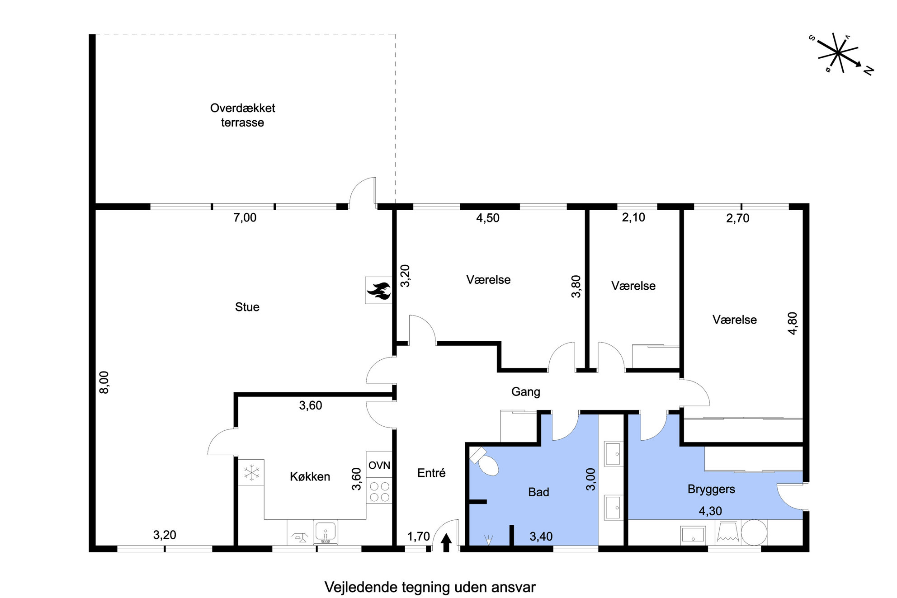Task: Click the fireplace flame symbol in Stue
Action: tap(379, 291)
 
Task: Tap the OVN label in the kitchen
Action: tap(379, 465)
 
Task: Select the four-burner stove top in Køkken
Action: tap(379, 492)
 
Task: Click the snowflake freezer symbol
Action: tap(251, 473)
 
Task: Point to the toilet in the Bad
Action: tap(484, 461)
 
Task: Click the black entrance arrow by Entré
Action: tap(446, 542)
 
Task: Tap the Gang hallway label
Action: tap(525, 392)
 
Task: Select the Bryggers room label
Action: tap(711, 490)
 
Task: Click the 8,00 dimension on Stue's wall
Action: tap(104, 382)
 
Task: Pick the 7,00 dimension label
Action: tap(245, 218)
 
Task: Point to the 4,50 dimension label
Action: tap(488, 218)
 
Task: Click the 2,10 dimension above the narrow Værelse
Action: tap(633, 217)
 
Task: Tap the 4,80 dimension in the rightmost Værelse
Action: tap(793, 323)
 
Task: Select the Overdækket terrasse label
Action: tap(242, 115)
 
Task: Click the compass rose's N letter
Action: tap(868, 71)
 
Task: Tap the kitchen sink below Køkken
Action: tap(325, 532)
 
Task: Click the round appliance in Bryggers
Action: tap(754, 532)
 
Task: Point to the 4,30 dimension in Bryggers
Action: tap(710, 511)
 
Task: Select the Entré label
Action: tap(431, 473)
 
